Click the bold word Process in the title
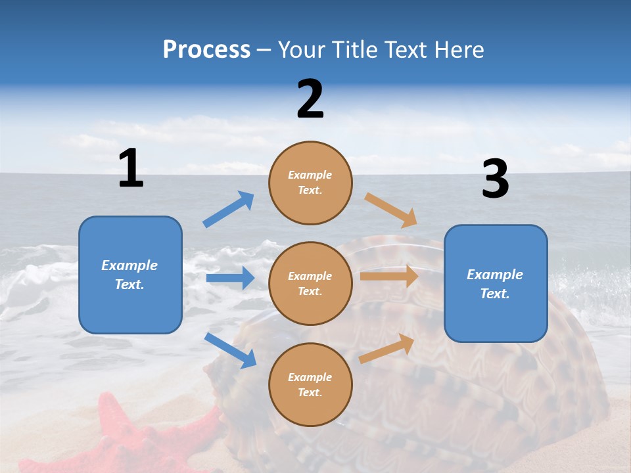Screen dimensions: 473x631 coord(206,50)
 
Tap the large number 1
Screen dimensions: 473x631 coord(131,168)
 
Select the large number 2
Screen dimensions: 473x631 coord(310,99)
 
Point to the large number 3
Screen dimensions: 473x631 coord(495,179)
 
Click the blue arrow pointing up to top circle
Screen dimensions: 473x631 coord(229,210)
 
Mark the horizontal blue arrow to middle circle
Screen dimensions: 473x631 coord(230,278)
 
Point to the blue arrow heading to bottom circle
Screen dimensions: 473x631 coord(230,350)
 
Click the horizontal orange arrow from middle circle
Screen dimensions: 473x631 coord(389,277)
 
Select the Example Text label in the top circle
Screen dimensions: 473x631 coord(310,183)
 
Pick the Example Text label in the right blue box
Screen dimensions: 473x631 coord(495,284)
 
